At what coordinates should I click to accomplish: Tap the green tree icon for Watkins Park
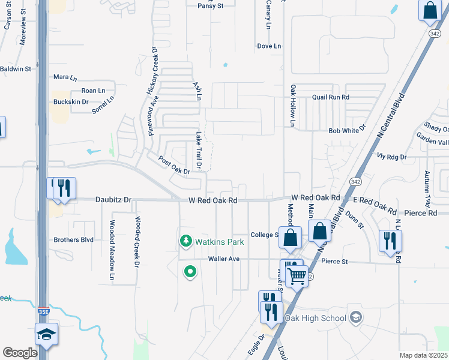pyautogui.click(x=186, y=241)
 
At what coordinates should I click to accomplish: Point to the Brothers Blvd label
pyautogui.click(x=73, y=239)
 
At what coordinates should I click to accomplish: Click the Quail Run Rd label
pyautogui.click(x=330, y=97)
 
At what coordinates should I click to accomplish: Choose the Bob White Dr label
pyautogui.click(x=347, y=130)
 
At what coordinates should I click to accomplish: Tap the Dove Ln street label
pyautogui.click(x=269, y=46)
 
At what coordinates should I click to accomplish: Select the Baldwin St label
pyautogui.click(x=16, y=69)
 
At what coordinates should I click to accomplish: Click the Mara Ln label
pyautogui.click(x=65, y=78)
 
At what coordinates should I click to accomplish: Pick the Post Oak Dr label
pyautogui.click(x=174, y=166)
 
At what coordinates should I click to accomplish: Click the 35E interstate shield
pyautogui.click(x=43, y=312)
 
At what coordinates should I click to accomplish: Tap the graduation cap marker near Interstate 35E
pyautogui.click(x=46, y=334)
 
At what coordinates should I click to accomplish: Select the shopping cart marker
pyautogui.click(x=297, y=276)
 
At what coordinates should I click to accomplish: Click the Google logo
pyautogui.click(x=20, y=353)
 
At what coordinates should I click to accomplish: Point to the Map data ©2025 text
pyautogui.click(x=423, y=355)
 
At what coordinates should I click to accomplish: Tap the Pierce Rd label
pyautogui.click(x=420, y=213)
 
